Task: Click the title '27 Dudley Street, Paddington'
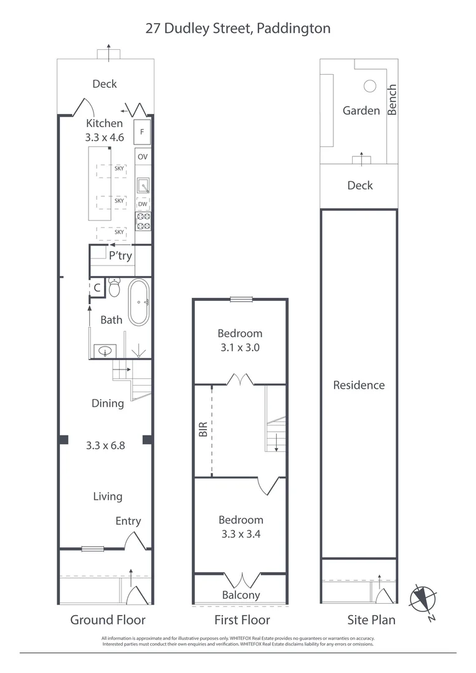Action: (238, 28)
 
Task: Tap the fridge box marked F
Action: (143, 132)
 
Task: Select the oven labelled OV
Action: (143, 156)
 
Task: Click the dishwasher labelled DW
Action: (143, 204)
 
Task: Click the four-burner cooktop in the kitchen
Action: (143, 221)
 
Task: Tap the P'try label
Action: (120, 255)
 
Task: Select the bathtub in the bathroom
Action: (139, 302)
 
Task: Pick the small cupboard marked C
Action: (97, 288)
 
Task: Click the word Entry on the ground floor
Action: (128, 521)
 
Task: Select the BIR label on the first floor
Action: (202, 429)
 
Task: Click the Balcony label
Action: (240, 594)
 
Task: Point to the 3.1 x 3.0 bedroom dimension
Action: (240, 348)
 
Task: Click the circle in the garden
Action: (369, 86)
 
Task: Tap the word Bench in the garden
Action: (392, 100)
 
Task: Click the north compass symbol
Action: (421, 598)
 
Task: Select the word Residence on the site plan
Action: (358, 384)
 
